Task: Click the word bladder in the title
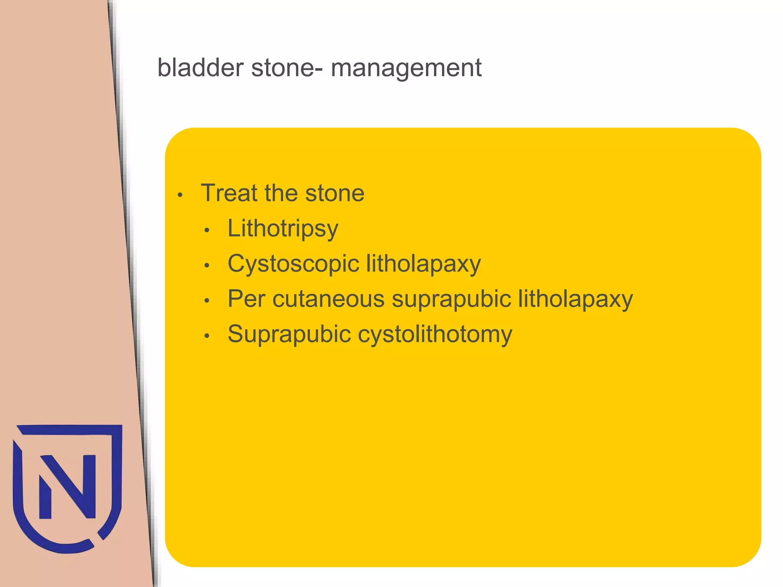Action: coord(200,68)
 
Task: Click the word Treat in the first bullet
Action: coord(229,193)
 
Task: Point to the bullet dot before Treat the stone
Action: coord(180,195)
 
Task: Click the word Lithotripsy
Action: coord(283,229)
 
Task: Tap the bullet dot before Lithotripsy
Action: coord(207,230)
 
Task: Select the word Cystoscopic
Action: coord(293,264)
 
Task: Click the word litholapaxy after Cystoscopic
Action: coord(423,264)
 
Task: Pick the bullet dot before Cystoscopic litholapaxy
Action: coord(207,266)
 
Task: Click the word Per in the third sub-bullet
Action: coord(246,299)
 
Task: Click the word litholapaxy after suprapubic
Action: coord(575,299)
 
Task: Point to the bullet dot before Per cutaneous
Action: coord(207,301)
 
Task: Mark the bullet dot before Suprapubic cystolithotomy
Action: coord(207,336)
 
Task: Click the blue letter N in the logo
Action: coord(68,486)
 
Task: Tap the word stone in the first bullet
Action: coord(335,193)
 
